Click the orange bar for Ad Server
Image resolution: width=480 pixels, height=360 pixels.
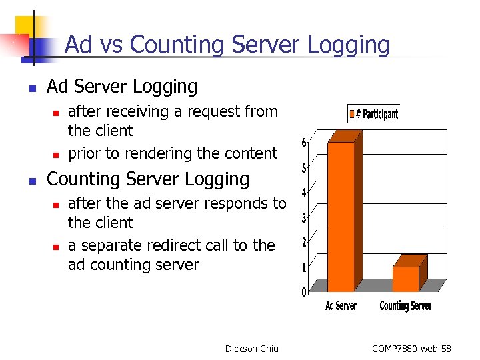click(x=341, y=217)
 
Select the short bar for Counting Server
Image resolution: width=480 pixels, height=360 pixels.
click(x=405, y=279)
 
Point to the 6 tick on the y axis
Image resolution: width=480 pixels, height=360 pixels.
click(x=304, y=143)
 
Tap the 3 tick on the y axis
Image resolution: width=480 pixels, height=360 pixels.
click(x=304, y=217)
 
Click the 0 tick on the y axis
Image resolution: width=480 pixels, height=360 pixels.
click(x=304, y=292)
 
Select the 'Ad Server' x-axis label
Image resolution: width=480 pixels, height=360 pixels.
click(x=341, y=306)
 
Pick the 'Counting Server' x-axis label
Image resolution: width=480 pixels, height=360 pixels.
click(x=405, y=306)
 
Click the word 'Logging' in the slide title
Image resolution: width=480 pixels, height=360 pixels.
click(x=349, y=45)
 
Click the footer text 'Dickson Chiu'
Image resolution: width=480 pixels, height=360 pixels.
click(x=252, y=349)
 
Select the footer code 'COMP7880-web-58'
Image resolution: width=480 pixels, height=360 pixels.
click(x=411, y=349)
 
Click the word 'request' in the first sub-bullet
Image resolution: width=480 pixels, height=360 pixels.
click(x=193, y=111)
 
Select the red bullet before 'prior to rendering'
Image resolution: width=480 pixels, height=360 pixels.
click(x=57, y=155)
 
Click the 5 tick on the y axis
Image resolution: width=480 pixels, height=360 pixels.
click(x=304, y=168)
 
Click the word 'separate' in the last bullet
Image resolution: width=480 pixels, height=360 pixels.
click(x=109, y=245)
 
